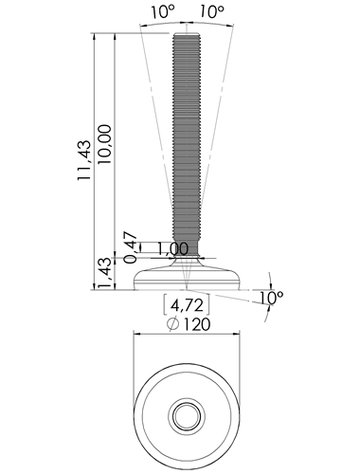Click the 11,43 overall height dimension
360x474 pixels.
[x=84, y=160]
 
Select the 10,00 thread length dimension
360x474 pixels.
[x=105, y=144]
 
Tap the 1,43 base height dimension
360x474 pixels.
[x=105, y=273]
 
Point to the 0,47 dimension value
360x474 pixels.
[x=131, y=247]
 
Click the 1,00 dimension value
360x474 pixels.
[x=172, y=249]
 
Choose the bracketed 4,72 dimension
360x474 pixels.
[x=187, y=305]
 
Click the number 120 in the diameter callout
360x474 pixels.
[x=197, y=324]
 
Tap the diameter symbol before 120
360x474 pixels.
[x=172, y=324]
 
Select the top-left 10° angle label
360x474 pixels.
[x=163, y=11]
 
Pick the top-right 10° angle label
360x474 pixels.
[x=211, y=11]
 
